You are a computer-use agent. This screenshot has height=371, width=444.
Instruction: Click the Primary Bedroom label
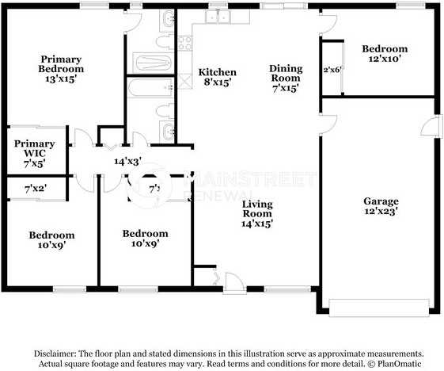pyautogui.click(x=62, y=64)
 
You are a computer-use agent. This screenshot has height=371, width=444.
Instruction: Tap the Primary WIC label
pyautogui.click(x=34, y=148)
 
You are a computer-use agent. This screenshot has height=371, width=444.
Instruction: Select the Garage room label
pyautogui.click(x=381, y=201)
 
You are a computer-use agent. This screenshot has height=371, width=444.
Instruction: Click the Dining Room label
pyautogui.click(x=285, y=73)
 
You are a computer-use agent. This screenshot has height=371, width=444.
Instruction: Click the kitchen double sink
pyautogui.click(x=217, y=17)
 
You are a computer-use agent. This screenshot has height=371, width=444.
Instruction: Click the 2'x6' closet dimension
pyautogui.click(x=331, y=70)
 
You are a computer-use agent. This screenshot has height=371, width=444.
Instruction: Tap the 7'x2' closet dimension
pyautogui.click(x=35, y=189)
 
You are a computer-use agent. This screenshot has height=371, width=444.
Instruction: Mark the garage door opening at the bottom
pyautogui.click(x=381, y=306)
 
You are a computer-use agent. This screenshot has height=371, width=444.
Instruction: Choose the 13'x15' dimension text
pyautogui.click(x=62, y=80)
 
